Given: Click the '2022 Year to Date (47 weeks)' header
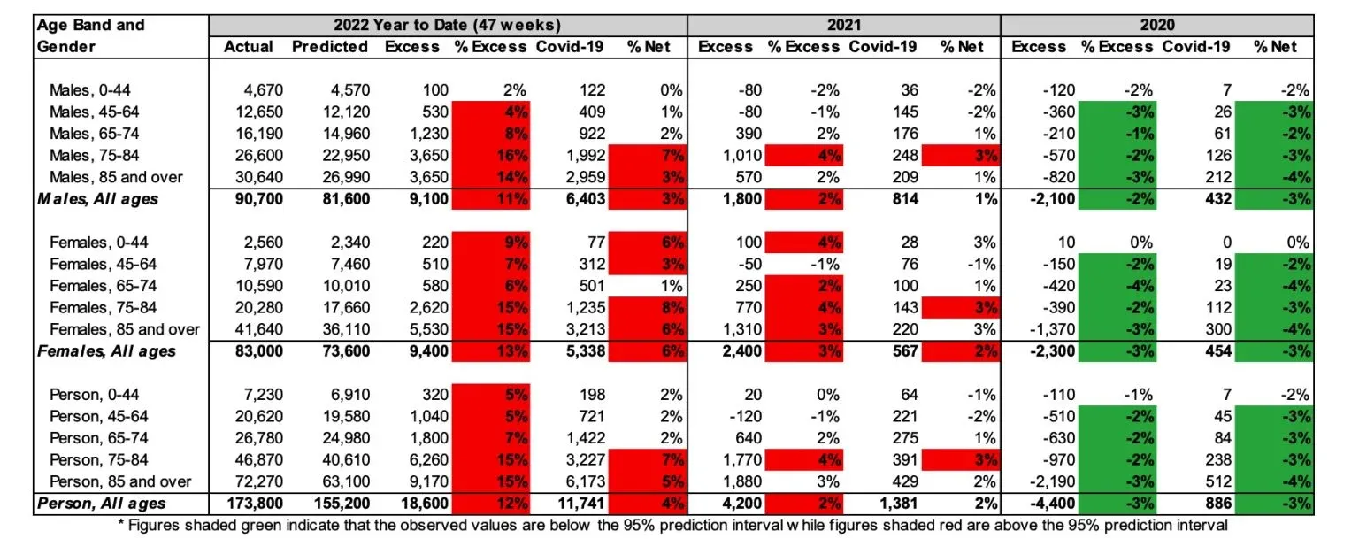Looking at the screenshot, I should tap(447, 25).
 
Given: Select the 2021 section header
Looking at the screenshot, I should tap(843, 25).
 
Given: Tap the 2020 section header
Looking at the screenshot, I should tap(1156, 25).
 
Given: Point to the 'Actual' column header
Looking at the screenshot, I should tap(249, 47).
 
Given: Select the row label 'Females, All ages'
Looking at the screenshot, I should tap(106, 351).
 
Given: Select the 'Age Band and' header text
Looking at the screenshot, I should tap(90, 25).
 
